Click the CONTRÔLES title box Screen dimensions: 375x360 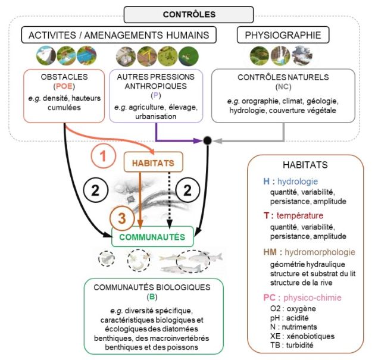[189, 15]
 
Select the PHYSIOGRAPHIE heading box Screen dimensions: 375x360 [283, 35]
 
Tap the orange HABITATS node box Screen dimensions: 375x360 [154, 162]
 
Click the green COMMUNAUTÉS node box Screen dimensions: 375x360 [152, 237]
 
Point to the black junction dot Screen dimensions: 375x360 [207, 141]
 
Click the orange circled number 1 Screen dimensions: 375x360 [104, 156]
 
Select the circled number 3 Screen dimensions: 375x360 [122, 218]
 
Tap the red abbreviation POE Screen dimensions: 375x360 [64, 86]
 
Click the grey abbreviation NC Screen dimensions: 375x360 [283, 87]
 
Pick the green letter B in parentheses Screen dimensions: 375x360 [152, 297]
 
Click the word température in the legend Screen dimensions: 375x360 [300, 215]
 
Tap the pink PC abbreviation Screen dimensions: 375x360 [269, 298]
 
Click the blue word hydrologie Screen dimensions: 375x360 [298, 181]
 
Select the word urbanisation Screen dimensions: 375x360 [156, 117]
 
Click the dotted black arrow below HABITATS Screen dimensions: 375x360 [169, 199]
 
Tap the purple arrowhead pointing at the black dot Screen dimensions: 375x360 [198, 140]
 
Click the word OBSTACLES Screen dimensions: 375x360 [64, 77]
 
